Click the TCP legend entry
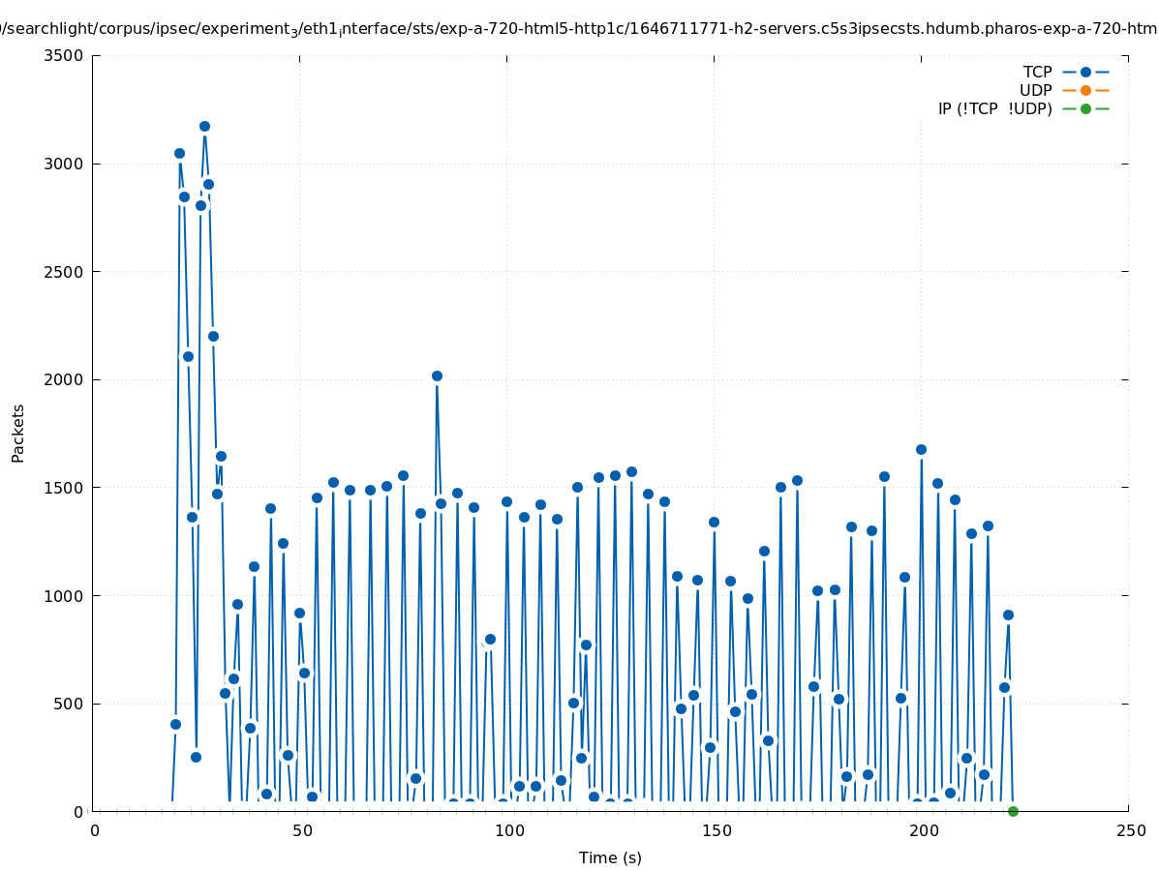tap(1037, 72)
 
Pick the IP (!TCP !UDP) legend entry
tap(994, 108)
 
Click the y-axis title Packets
tap(18, 433)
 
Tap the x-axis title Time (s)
tap(610, 857)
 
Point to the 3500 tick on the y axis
tap(64, 55)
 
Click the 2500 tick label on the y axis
tap(64, 272)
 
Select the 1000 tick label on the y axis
tap(64, 595)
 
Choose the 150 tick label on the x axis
tap(716, 830)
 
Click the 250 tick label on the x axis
tap(1130, 830)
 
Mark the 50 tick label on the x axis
tap(301, 830)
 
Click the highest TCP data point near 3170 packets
tap(204, 126)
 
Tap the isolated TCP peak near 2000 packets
tap(437, 375)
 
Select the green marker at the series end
tap(1013, 811)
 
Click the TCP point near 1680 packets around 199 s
tap(921, 449)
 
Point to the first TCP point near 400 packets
tap(175, 724)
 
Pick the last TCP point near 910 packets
tap(1008, 615)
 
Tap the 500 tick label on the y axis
tap(68, 704)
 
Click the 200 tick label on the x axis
tap(923, 830)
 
